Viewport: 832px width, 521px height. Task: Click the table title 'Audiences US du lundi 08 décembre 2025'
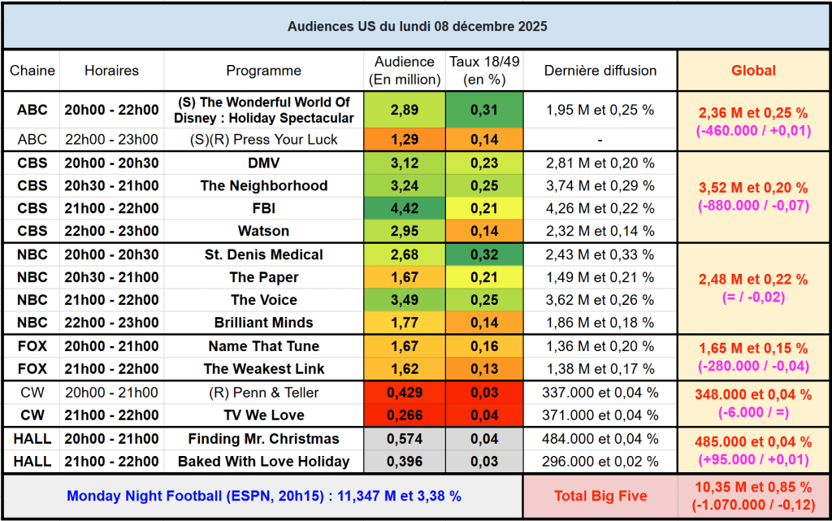417,26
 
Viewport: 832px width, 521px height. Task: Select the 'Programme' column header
263,71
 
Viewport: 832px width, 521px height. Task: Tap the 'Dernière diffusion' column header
600,71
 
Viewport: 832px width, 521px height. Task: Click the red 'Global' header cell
753,71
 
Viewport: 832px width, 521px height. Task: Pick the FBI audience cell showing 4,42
405,208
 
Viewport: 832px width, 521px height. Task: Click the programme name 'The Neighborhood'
263,185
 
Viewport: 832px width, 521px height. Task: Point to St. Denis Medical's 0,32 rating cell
485,254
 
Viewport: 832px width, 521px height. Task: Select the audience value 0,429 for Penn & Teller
405,393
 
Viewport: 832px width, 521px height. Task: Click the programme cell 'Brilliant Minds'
263,323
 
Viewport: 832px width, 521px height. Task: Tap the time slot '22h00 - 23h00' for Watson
111,231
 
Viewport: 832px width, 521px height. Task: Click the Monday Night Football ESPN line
263,495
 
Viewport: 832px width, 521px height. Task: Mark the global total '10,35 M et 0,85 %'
753,488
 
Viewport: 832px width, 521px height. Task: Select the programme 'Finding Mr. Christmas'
263,439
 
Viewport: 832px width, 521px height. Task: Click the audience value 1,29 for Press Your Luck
405,139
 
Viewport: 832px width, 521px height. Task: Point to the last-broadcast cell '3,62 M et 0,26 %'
600,300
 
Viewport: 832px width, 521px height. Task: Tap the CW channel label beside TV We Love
32,415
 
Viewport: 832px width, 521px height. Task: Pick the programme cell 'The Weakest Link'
263,368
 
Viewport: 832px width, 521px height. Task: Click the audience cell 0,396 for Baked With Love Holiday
405,462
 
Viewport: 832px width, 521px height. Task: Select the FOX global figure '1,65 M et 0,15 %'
753,348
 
